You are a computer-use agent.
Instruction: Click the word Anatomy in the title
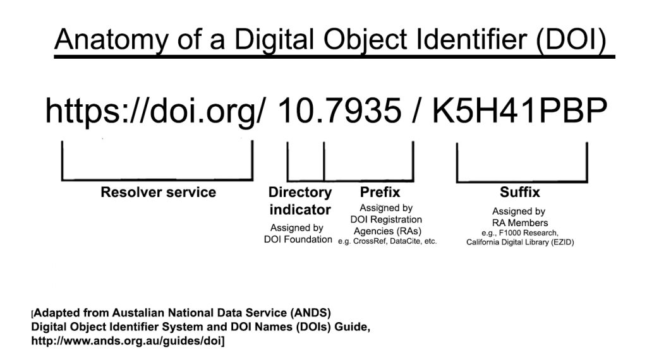coord(111,40)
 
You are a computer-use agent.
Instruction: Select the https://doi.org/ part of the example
coord(154,111)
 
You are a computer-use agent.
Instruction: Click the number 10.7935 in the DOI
coord(339,111)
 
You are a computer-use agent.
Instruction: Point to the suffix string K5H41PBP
coord(519,111)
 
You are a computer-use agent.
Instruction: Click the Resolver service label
coord(158,192)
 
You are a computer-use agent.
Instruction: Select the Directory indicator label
coord(300,201)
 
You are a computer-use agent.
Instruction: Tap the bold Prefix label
coord(380,192)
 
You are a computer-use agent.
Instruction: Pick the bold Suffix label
coord(520,192)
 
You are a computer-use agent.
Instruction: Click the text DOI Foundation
coord(298,239)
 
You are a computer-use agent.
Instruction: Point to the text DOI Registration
coord(386,219)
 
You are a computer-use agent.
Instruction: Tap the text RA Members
coord(520,223)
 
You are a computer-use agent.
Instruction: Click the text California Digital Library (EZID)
coord(520,242)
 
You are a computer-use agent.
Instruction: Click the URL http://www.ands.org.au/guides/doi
coord(126,341)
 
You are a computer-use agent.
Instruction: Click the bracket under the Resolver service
coord(157,179)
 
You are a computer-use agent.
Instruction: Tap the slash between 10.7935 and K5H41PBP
coord(416,111)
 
